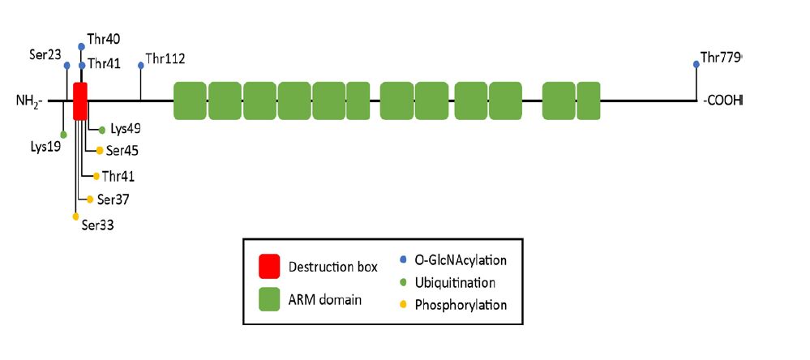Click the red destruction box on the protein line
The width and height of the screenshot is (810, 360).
80,101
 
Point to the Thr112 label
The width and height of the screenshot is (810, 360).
165,59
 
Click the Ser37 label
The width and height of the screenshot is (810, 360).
114,199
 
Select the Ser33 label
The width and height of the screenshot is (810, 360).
97,224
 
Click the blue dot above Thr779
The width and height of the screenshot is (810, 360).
696,64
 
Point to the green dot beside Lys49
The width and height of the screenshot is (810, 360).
102,130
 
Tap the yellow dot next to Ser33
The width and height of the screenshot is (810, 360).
75,216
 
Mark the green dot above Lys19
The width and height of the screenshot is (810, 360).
63,134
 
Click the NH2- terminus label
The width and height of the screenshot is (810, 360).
32,101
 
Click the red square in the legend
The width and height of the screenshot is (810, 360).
270,266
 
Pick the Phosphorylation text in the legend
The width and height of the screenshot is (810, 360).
461,305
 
